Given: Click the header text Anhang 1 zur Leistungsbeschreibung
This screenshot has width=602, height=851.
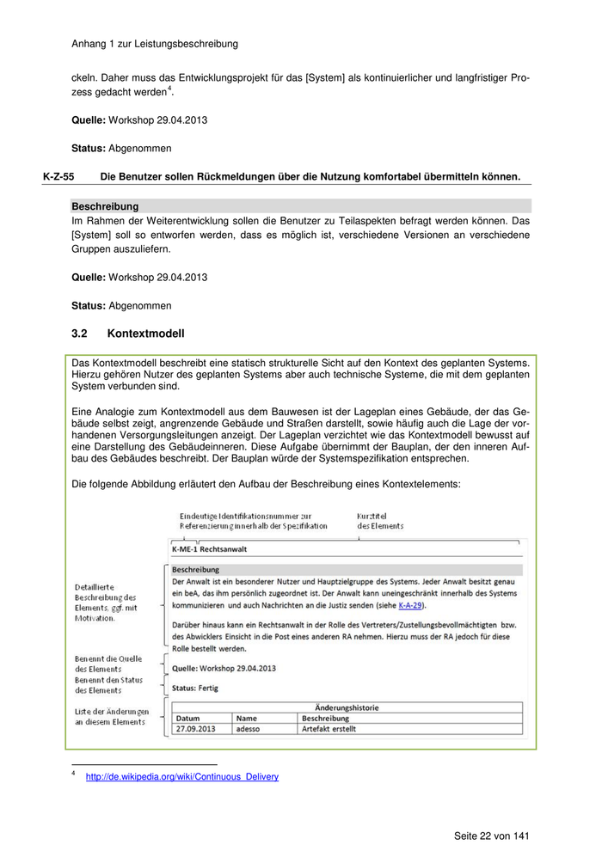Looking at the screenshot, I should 155,43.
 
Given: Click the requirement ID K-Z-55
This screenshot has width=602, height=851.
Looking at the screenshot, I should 58,177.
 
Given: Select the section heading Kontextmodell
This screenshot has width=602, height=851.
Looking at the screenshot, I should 145,334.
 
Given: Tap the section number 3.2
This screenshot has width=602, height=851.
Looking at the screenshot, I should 80,334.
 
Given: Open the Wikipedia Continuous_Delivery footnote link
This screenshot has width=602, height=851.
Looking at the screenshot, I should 182,777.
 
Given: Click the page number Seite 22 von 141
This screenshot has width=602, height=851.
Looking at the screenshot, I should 492,836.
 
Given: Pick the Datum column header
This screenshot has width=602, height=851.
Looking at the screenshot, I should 188,718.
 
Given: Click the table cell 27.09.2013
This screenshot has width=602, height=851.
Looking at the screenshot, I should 195,729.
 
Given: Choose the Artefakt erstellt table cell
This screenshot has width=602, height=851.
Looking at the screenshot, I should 329,729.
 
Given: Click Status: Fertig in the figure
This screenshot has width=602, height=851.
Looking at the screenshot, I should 196,688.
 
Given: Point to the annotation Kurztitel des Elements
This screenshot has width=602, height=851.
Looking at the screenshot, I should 380,520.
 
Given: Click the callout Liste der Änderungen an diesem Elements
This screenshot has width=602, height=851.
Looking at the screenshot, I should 112,717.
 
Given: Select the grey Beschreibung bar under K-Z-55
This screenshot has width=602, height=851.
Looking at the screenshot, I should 301,207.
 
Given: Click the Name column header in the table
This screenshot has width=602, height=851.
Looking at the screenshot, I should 247,718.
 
